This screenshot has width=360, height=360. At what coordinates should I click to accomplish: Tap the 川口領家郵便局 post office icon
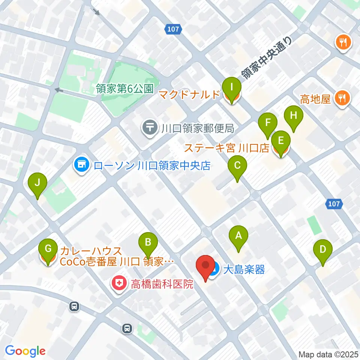tap(150, 129)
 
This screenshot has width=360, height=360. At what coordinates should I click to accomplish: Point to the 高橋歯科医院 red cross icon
tap(119, 284)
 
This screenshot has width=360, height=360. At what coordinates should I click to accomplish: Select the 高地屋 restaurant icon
tap(342, 99)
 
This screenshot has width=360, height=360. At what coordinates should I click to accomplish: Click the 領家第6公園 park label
tap(125, 89)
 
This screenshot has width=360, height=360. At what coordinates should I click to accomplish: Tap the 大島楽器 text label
tap(244, 269)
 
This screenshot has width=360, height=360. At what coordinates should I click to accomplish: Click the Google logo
tap(25, 351)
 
